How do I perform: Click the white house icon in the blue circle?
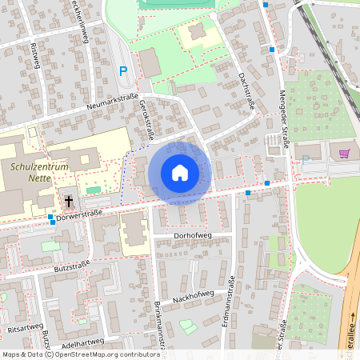pos(180,172)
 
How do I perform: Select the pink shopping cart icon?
pos(345,154)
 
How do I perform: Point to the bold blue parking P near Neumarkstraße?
pos(123,71)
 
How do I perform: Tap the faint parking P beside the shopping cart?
pos(305,160)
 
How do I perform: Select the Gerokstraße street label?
pos(148,118)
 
